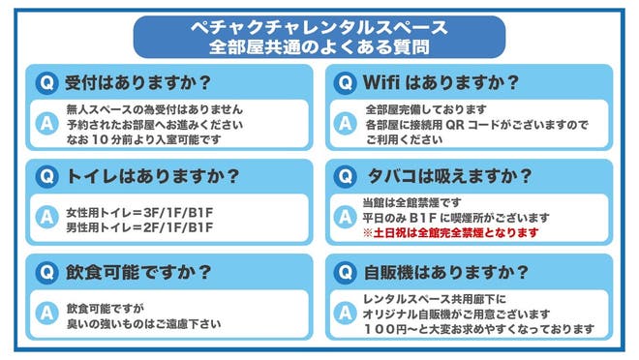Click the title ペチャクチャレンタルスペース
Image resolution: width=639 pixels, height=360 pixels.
pyautogui.click(x=319, y=26)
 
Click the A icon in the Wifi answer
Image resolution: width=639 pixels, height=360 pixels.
pyautogui.click(x=344, y=124)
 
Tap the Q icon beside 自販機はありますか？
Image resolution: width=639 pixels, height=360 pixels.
pyautogui.click(x=344, y=272)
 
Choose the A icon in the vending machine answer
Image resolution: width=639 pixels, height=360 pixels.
pyautogui.click(x=344, y=314)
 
